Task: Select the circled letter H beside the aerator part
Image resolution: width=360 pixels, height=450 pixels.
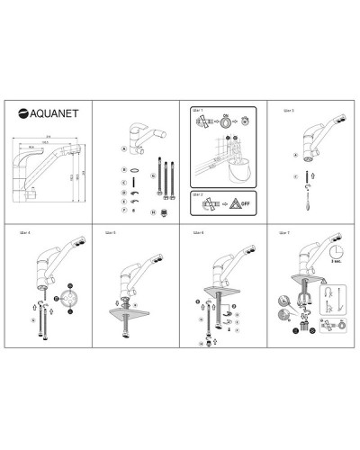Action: pos(152,212)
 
